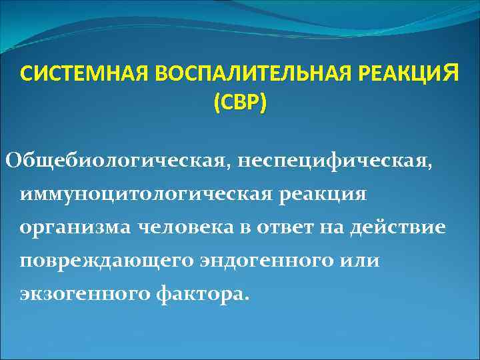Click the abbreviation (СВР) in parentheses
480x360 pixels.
pos(239,103)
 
